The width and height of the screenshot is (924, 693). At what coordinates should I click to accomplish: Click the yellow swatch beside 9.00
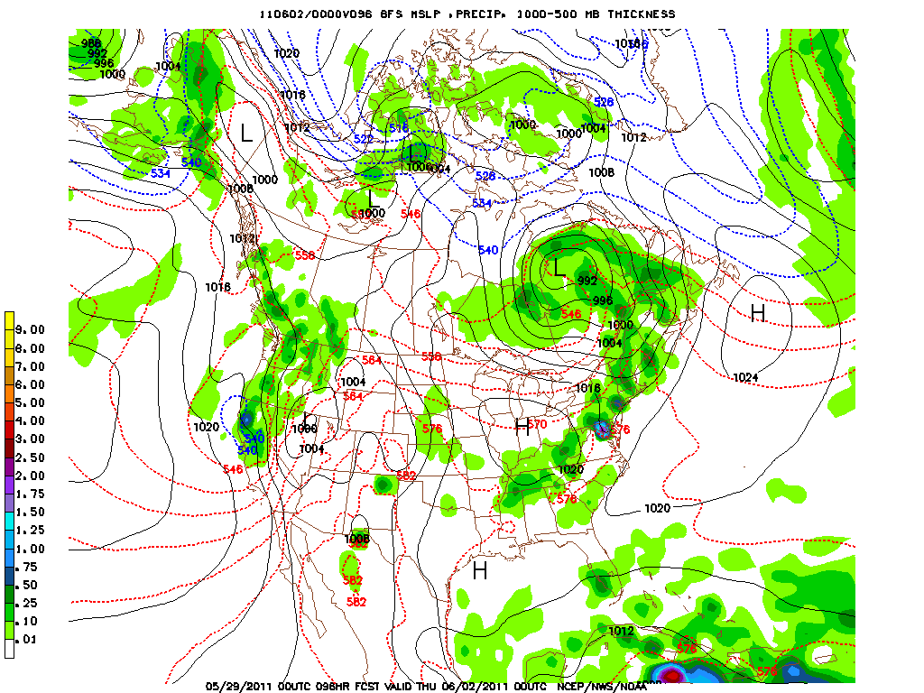pyautogui.click(x=9, y=320)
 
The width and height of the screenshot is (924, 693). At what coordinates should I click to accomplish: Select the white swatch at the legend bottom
pyautogui.click(x=9, y=649)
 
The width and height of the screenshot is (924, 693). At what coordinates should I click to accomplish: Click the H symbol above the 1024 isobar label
pyautogui.click(x=758, y=313)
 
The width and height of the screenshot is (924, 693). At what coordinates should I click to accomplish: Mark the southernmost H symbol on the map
pyautogui.click(x=480, y=570)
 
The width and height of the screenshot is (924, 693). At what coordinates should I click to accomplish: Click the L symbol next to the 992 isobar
pyautogui.click(x=559, y=267)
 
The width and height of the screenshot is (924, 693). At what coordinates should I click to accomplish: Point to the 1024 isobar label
pyautogui.click(x=745, y=377)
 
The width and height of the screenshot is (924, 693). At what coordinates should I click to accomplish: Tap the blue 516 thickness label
pyautogui.click(x=399, y=128)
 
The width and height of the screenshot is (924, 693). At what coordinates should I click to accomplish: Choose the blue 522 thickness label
pyautogui.click(x=363, y=139)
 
